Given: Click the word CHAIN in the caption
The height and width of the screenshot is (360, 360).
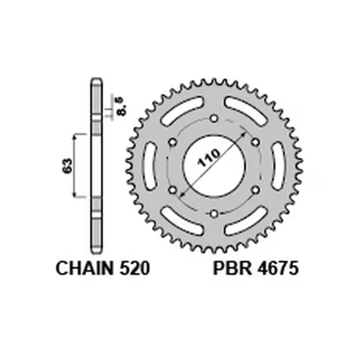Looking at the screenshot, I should pyautogui.click(x=82, y=268).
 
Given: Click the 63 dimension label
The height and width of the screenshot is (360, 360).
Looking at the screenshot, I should pyautogui.click(x=67, y=165).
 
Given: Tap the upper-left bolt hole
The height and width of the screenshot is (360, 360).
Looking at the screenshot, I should pyautogui.click(x=173, y=141).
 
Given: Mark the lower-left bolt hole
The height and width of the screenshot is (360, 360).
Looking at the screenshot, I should pyautogui.click(x=173, y=189).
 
